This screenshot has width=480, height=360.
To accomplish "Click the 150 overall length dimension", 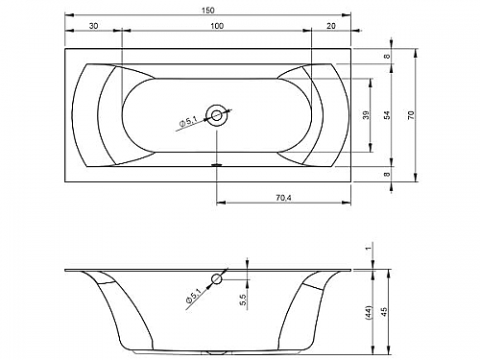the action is click(x=207, y=11).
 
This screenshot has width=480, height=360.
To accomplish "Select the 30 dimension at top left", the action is click(x=93, y=26).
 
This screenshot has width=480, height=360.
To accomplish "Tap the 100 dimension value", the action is click(x=217, y=26).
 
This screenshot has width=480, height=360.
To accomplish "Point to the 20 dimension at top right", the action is click(x=331, y=26).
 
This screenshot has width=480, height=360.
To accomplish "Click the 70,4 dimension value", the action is click(x=283, y=198).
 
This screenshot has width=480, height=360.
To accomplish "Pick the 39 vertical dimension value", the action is click(x=366, y=115).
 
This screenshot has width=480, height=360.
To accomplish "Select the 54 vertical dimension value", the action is click(x=387, y=115).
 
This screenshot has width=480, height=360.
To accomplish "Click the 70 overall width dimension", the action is click(x=411, y=115).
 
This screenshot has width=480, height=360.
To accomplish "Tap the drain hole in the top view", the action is click(x=217, y=115).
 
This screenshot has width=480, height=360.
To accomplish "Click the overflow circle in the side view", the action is click(x=217, y=279).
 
